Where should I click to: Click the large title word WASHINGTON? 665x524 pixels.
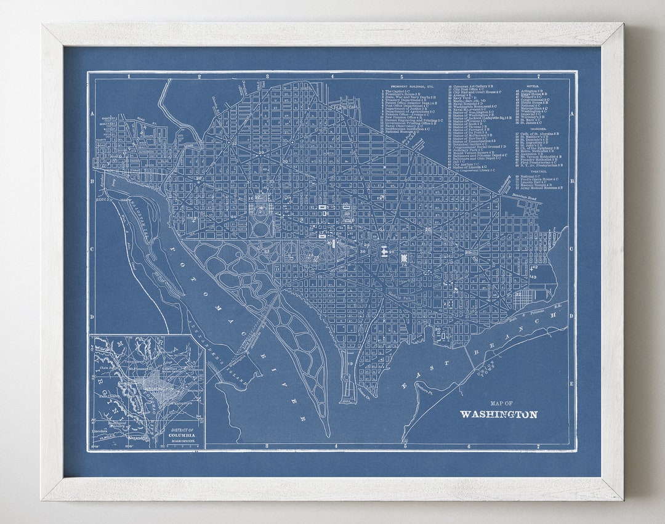tap(498, 414)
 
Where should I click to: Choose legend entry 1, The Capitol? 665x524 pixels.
tap(397, 91)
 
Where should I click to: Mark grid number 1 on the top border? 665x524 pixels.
tap(129, 76)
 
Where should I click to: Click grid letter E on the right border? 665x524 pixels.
tap(571, 383)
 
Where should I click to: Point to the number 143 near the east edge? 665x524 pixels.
tap(533, 277)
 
